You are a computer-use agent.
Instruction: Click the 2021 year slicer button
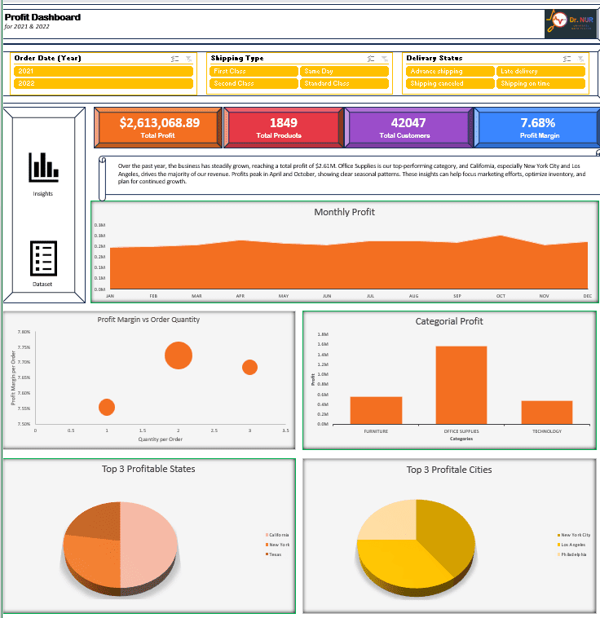coord(103,71)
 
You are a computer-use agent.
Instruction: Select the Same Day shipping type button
coord(343,71)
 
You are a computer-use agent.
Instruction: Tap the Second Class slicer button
coord(254,83)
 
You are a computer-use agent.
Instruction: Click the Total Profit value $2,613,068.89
coord(159,123)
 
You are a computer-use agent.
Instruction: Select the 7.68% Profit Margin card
coord(537,123)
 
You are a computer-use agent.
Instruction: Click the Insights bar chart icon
coord(43,167)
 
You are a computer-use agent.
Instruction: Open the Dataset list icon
coord(43,258)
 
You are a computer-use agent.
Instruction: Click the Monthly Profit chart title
coord(344,212)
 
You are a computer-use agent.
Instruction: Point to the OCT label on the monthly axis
coord(501,296)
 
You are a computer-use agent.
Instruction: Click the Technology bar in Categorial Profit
coord(547,412)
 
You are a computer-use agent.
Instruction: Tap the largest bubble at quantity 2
coord(178,355)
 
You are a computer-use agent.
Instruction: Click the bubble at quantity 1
coord(107,407)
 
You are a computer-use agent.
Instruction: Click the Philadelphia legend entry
coord(573,554)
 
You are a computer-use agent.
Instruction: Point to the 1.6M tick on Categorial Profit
coord(323,344)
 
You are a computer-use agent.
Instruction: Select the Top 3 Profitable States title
coord(148,469)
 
